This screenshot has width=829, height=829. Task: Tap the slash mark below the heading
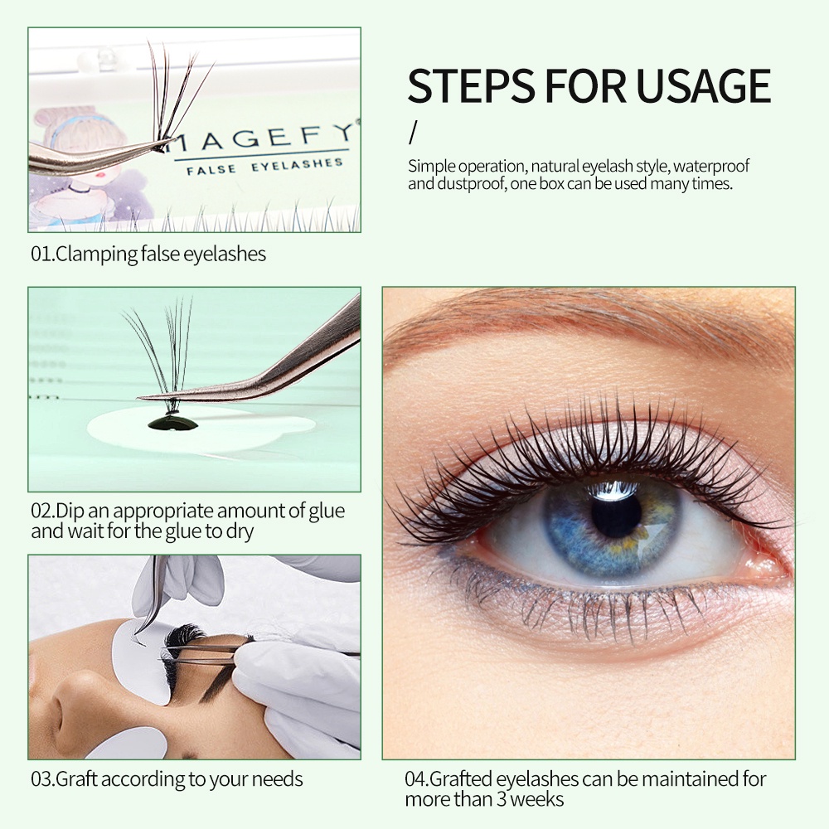pos(413,132)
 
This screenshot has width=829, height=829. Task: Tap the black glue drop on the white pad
pos(172,423)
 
